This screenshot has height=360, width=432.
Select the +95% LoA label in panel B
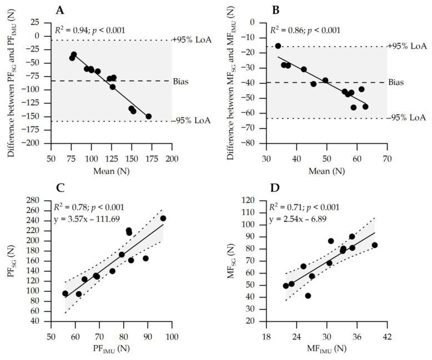(407, 46)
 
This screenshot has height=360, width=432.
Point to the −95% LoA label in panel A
(192, 121)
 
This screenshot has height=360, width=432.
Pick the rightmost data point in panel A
(149, 116)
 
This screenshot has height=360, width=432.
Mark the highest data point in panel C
(163, 218)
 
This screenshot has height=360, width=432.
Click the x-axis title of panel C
(111, 349)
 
